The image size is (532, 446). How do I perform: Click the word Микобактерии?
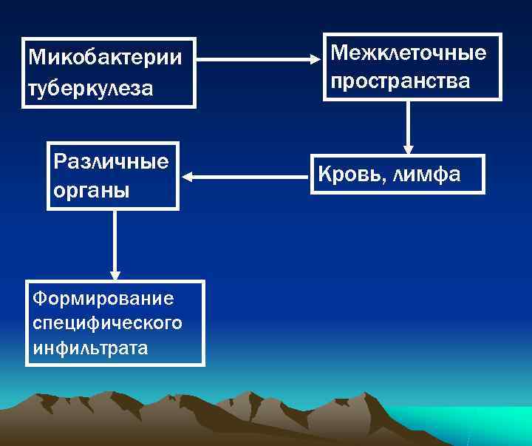103,58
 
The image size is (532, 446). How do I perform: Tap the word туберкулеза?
90,89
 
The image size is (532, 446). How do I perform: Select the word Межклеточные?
409,53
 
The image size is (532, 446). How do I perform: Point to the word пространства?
400,81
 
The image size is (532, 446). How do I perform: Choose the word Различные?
112,161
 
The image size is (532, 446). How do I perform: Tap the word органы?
92,190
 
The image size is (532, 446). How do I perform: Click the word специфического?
108,323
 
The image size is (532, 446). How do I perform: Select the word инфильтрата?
90,348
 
